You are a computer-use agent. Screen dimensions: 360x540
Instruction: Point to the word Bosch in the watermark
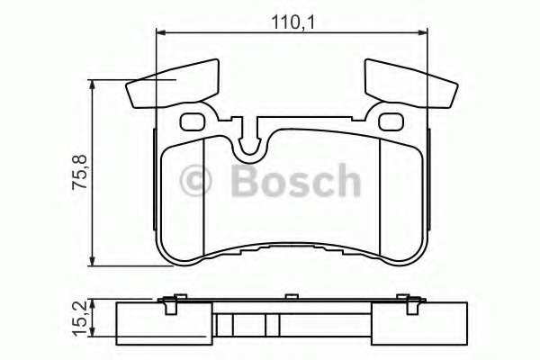tap(294, 182)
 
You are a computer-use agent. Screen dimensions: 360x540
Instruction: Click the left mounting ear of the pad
tap(173, 84)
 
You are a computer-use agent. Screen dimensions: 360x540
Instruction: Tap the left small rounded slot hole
tap(193, 121)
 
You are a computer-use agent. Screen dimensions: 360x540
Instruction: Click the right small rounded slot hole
tap(391, 121)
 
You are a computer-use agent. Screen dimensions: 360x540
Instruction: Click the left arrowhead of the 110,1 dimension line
tap(162, 34)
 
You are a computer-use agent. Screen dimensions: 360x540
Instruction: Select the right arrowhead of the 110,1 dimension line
tap(422, 34)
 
